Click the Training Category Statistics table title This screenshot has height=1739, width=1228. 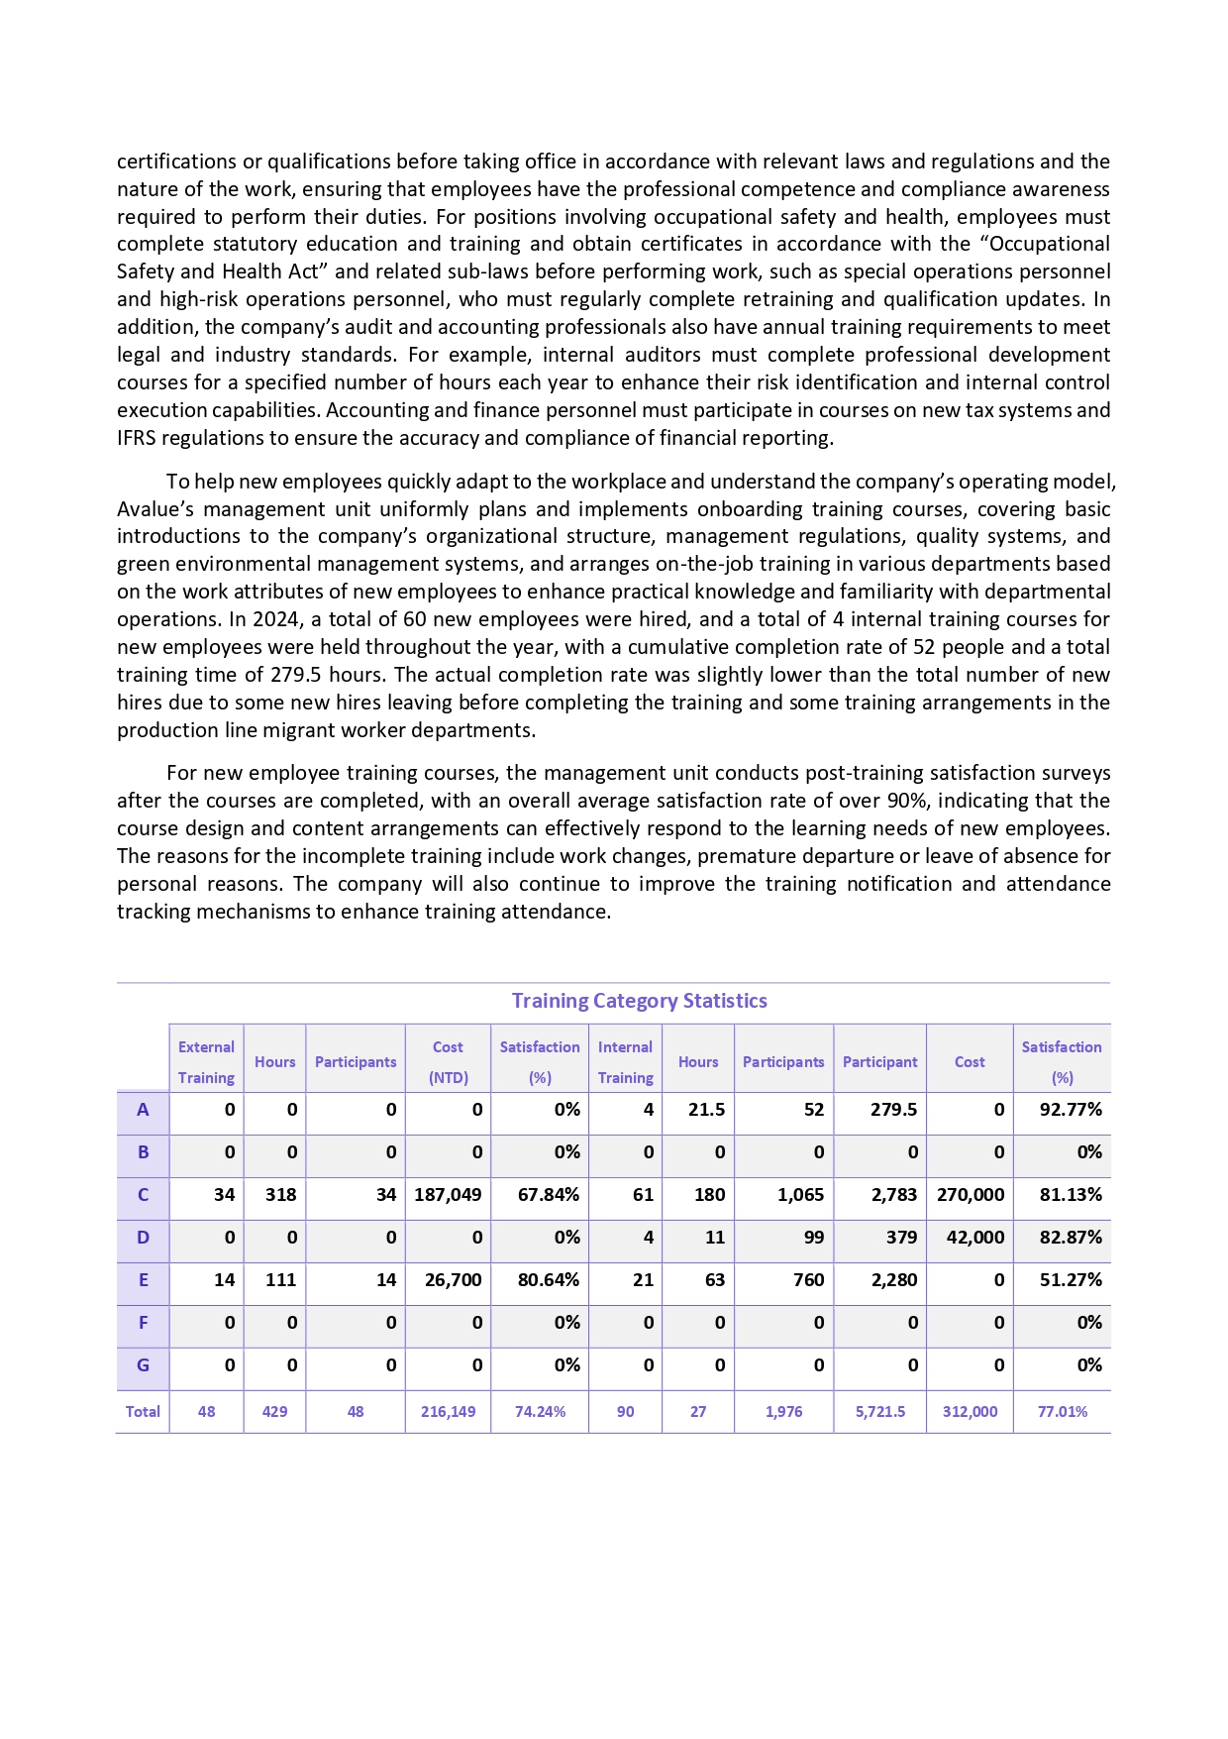coord(639,1001)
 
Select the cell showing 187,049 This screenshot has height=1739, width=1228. coord(448,1195)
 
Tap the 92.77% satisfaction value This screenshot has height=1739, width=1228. coord(1070,1110)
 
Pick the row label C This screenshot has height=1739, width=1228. coord(143,1195)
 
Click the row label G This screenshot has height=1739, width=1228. coord(143,1365)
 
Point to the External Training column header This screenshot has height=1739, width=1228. coord(206,1062)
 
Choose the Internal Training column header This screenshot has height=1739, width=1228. coord(625,1062)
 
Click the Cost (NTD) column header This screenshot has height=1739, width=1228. coord(448,1062)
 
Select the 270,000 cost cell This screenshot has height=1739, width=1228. coord(970,1195)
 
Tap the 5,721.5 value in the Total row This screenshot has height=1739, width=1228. coord(880,1412)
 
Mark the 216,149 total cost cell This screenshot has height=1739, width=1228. coord(448,1412)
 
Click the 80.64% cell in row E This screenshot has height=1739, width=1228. coord(549,1280)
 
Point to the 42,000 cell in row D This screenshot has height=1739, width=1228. coord(974,1238)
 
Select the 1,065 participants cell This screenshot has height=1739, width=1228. coord(800,1195)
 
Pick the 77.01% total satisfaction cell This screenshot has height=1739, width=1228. coord(1062,1412)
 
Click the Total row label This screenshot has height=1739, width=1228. coord(143,1412)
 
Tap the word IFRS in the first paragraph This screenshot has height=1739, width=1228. coord(137,438)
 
